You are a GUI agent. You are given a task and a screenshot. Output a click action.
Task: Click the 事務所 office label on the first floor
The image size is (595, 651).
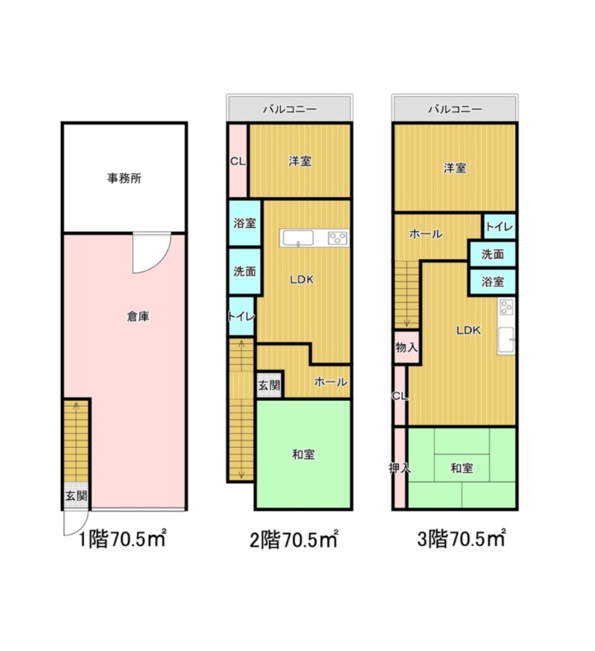[x=124, y=178]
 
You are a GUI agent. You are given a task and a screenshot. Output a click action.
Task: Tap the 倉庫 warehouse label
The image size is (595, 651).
[x=138, y=316]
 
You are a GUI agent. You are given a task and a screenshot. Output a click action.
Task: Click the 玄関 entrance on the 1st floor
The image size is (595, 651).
[x=77, y=495]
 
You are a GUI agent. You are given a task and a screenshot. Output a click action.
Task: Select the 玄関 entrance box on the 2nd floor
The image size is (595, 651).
[x=269, y=384]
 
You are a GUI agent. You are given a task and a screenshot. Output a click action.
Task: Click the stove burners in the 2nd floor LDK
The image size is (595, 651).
[x=338, y=238]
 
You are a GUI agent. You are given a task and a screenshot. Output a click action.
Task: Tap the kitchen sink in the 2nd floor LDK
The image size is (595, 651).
[x=297, y=238]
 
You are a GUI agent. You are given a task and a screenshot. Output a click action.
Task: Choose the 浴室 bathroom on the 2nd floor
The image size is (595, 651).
[x=245, y=223]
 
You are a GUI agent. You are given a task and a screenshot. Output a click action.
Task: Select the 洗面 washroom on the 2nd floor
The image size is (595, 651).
[x=245, y=271]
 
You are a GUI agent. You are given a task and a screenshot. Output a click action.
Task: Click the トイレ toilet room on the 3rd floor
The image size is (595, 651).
[x=499, y=227]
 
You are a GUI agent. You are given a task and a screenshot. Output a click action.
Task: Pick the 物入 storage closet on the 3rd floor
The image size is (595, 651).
[x=406, y=347]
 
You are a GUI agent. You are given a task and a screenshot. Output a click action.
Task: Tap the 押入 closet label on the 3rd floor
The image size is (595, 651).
[x=400, y=469]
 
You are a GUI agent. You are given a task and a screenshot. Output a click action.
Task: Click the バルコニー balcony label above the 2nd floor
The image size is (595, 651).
[x=290, y=109]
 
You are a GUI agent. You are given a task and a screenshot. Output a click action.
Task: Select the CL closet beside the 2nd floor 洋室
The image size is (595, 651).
[x=238, y=161]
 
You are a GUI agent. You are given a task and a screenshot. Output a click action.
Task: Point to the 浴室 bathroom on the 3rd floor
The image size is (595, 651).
[x=493, y=282]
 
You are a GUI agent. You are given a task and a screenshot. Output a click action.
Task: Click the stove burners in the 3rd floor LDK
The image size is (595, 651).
[x=506, y=308]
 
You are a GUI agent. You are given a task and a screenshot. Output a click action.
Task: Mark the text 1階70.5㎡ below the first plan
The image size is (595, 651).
[x=123, y=540]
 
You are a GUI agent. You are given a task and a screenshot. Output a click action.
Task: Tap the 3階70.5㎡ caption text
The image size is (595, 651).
[x=461, y=540]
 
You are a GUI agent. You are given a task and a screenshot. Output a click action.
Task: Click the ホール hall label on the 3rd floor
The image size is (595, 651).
[x=425, y=234]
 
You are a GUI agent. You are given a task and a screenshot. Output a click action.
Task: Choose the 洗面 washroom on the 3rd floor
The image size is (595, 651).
[x=493, y=254]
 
